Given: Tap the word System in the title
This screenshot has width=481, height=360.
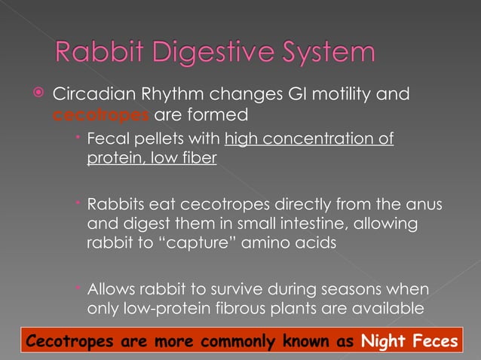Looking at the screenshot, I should (326, 54).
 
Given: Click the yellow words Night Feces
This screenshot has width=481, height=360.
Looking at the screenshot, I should (408, 341).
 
